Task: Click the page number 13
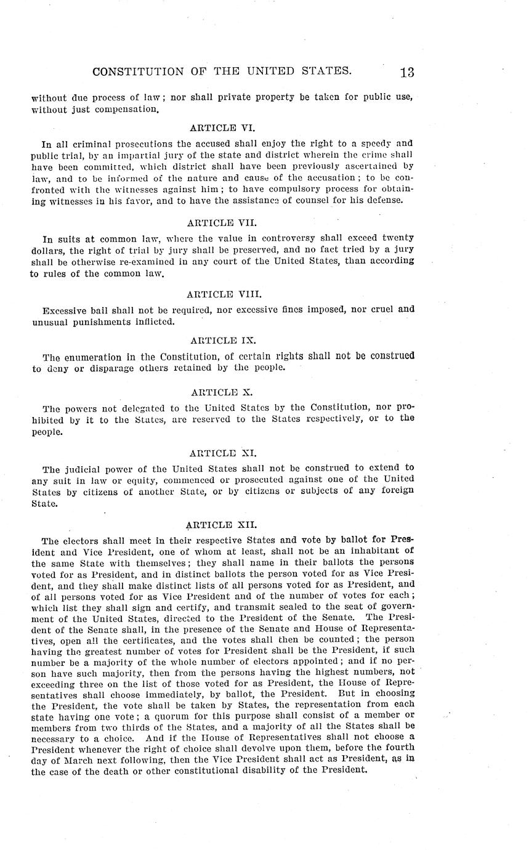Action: tap(406, 73)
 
